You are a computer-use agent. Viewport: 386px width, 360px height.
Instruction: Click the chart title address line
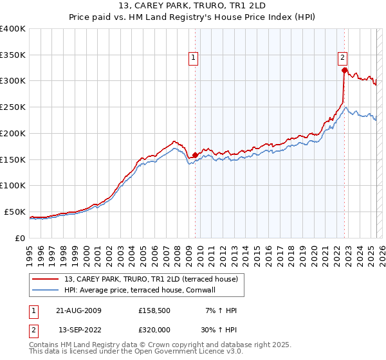coord(193,6)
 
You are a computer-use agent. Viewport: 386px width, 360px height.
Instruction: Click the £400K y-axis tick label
coord(13,29)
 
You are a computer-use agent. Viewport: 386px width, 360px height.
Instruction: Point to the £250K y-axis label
coord(13,107)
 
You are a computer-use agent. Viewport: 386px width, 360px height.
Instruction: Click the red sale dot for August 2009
coord(195,155)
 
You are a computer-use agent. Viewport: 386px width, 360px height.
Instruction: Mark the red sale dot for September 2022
coord(345,71)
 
